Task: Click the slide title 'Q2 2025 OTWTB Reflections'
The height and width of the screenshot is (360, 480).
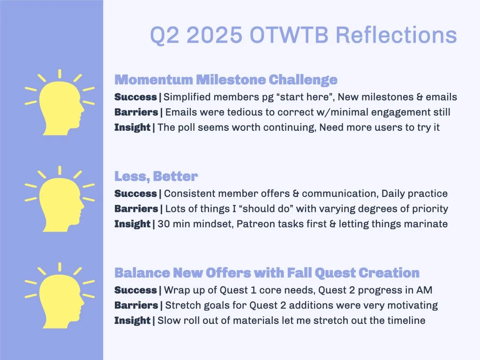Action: click(303, 35)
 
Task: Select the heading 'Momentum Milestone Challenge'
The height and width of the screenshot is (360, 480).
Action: click(225, 80)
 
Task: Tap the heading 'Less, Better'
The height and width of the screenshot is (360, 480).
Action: click(156, 176)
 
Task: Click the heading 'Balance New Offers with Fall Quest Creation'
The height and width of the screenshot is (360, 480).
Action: click(267, 272)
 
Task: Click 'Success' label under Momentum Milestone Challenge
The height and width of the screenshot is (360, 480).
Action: click(135, 97)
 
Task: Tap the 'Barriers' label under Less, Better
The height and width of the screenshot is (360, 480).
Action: click(136, 209)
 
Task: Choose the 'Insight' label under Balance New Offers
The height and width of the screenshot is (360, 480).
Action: click(132, 321)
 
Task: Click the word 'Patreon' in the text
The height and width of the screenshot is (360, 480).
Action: click(253, 224)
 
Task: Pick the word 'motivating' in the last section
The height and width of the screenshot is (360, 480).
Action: click(412, 306)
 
